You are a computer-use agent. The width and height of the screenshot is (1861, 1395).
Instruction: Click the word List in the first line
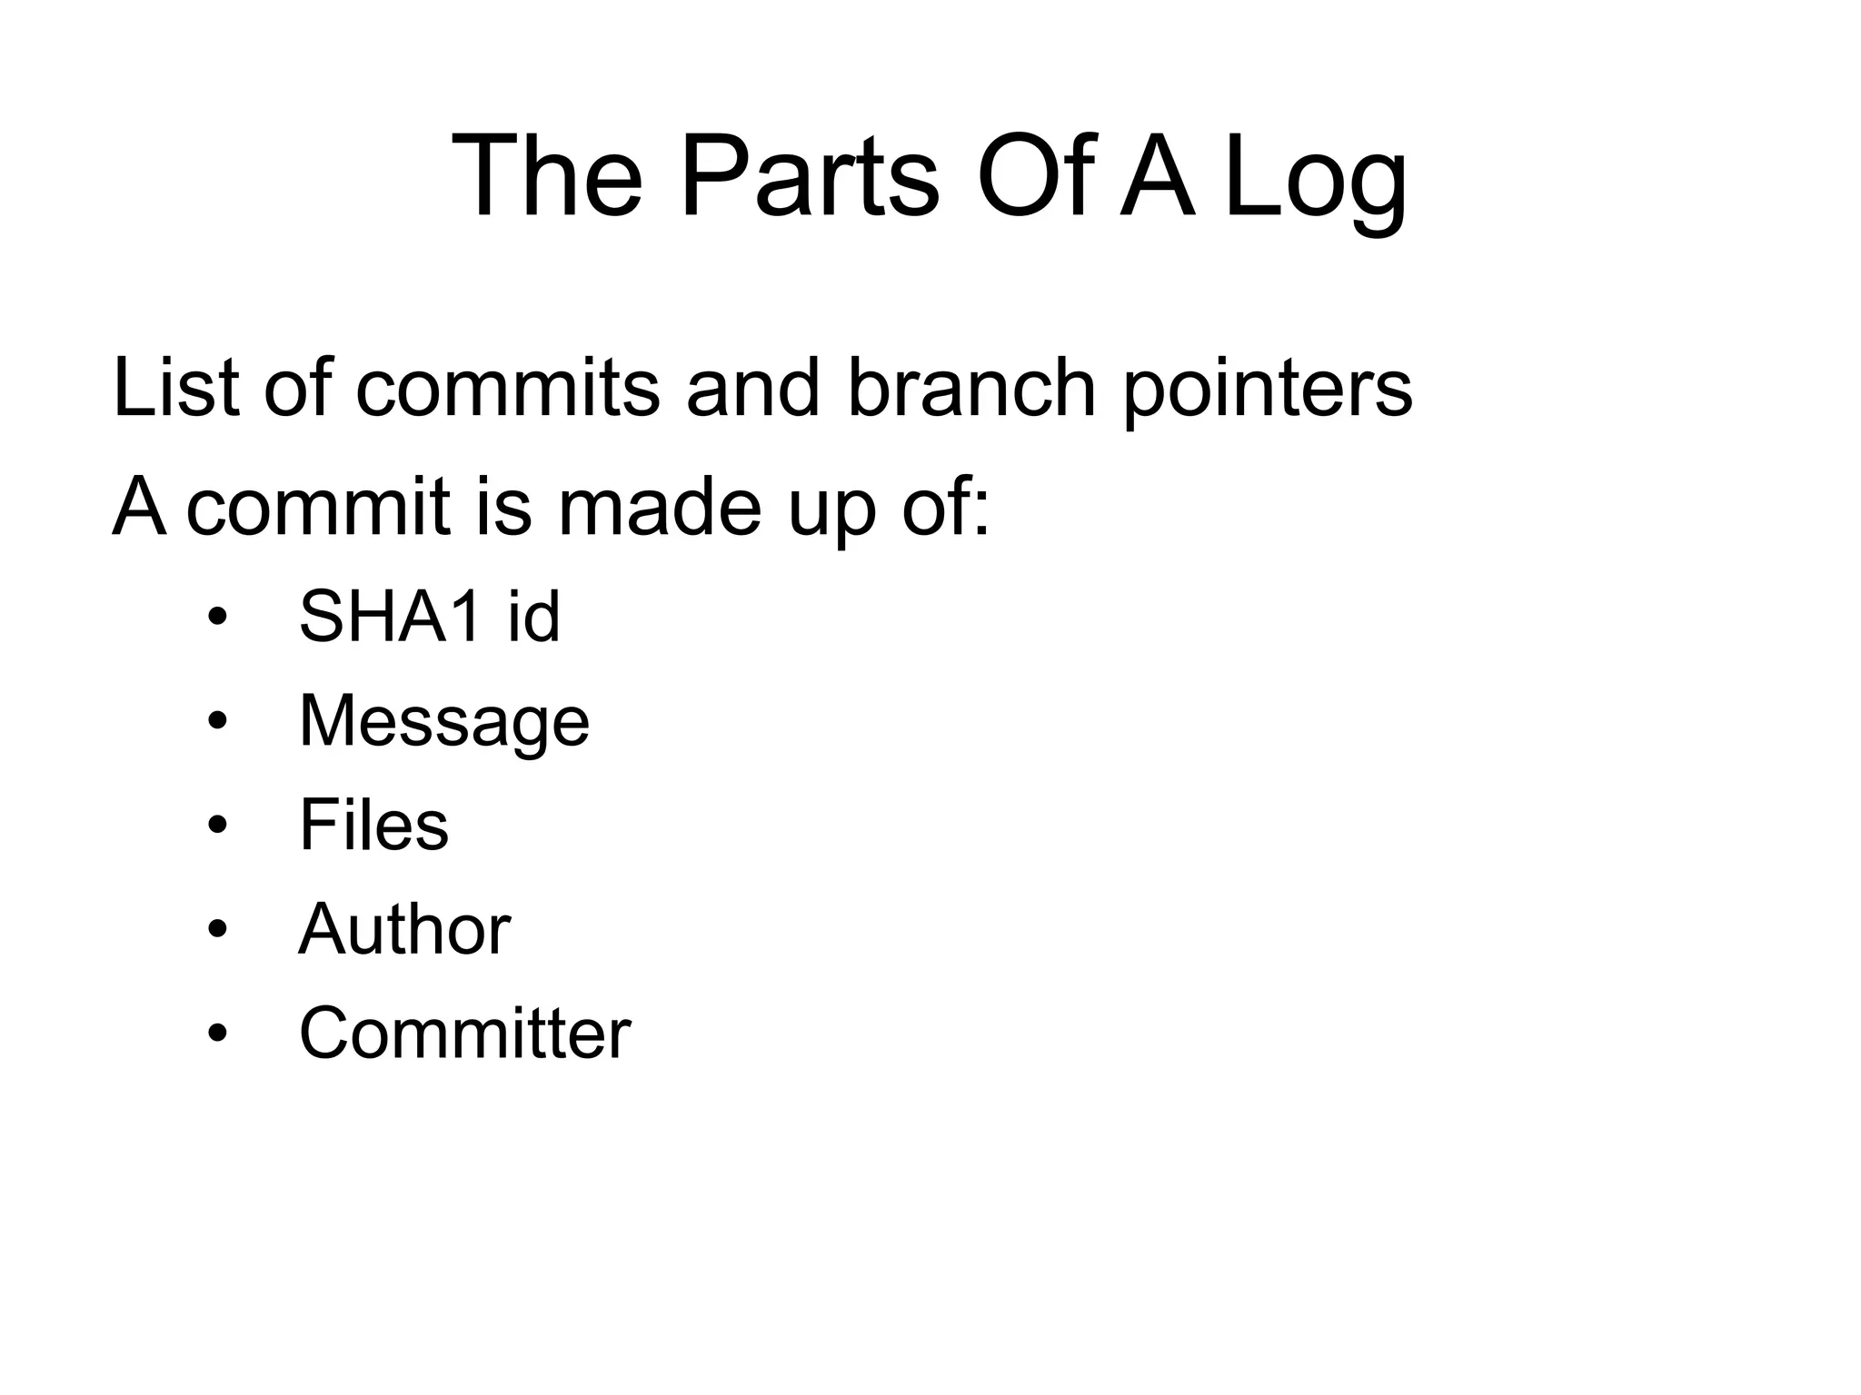(x=176, y=388)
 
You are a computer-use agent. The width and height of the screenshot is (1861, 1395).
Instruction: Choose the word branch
(x=971, y=388)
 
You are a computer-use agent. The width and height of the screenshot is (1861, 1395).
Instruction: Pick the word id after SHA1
(x=532, y=617)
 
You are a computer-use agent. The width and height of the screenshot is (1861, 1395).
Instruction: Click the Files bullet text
(x=373, y=826)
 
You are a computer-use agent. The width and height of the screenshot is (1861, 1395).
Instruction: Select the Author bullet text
(x=404, y=930)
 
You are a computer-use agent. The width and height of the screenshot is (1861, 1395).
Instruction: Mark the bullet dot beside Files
(x=216, y=826)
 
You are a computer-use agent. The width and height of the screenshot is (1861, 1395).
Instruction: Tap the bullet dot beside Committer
(x=216, y=1034)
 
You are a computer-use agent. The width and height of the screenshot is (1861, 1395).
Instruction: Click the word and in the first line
(x=753, y=388)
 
